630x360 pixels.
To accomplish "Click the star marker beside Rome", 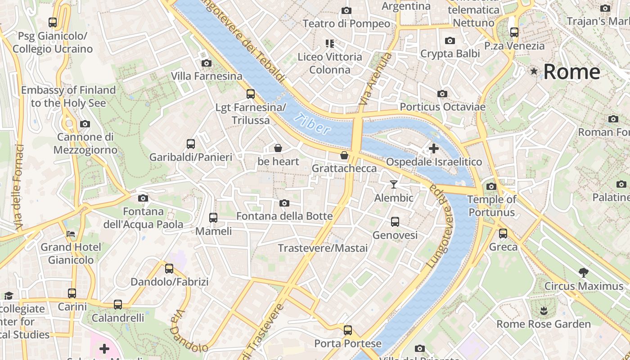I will [x=534, y=71].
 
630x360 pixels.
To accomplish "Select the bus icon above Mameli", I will [x=213, y=218].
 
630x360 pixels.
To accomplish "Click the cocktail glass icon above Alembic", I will [x=394, y=184].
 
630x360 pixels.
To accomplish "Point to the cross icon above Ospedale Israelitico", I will [x=434, y=148].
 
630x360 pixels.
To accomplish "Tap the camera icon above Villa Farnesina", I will [x=207, y=63].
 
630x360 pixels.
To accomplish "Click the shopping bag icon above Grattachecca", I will [x=344, y=155].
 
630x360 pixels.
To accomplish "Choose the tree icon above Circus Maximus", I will [x=584, y=272].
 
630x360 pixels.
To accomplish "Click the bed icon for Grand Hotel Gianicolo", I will [x=71, y=234].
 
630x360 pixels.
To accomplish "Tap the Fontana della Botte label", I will [x=284, y=216].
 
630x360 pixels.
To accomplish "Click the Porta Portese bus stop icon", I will [x=348, y=330].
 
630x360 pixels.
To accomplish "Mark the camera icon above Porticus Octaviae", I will [x=442, y=94].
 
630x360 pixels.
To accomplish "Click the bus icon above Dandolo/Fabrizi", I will [x=169, y=269].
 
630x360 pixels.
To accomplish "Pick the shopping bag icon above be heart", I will [x=278, y=148].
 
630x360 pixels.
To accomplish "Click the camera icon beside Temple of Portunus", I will [x=491, y=186].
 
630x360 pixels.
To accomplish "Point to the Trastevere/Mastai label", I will [x=323, y=248].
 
